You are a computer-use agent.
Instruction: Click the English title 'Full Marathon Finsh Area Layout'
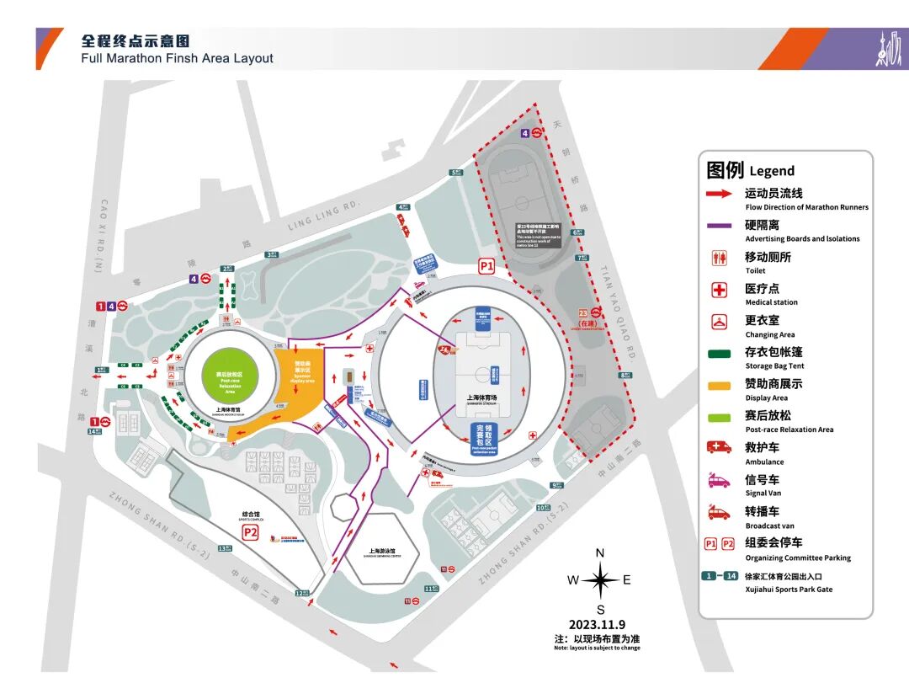177,58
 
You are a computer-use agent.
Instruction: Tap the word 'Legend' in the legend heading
772,170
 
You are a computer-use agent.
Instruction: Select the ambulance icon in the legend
719,447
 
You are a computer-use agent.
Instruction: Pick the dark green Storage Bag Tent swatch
719,353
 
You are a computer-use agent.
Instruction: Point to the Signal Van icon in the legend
719,479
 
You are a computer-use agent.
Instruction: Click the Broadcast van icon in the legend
719,511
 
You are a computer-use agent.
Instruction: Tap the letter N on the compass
600,552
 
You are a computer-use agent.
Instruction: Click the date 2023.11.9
597,624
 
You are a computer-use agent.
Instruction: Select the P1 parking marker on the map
486,265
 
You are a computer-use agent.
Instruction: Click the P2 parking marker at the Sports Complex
250,532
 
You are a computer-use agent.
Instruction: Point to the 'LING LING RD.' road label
323,216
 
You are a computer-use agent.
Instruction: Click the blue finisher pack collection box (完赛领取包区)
484,439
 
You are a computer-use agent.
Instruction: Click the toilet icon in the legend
719,259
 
